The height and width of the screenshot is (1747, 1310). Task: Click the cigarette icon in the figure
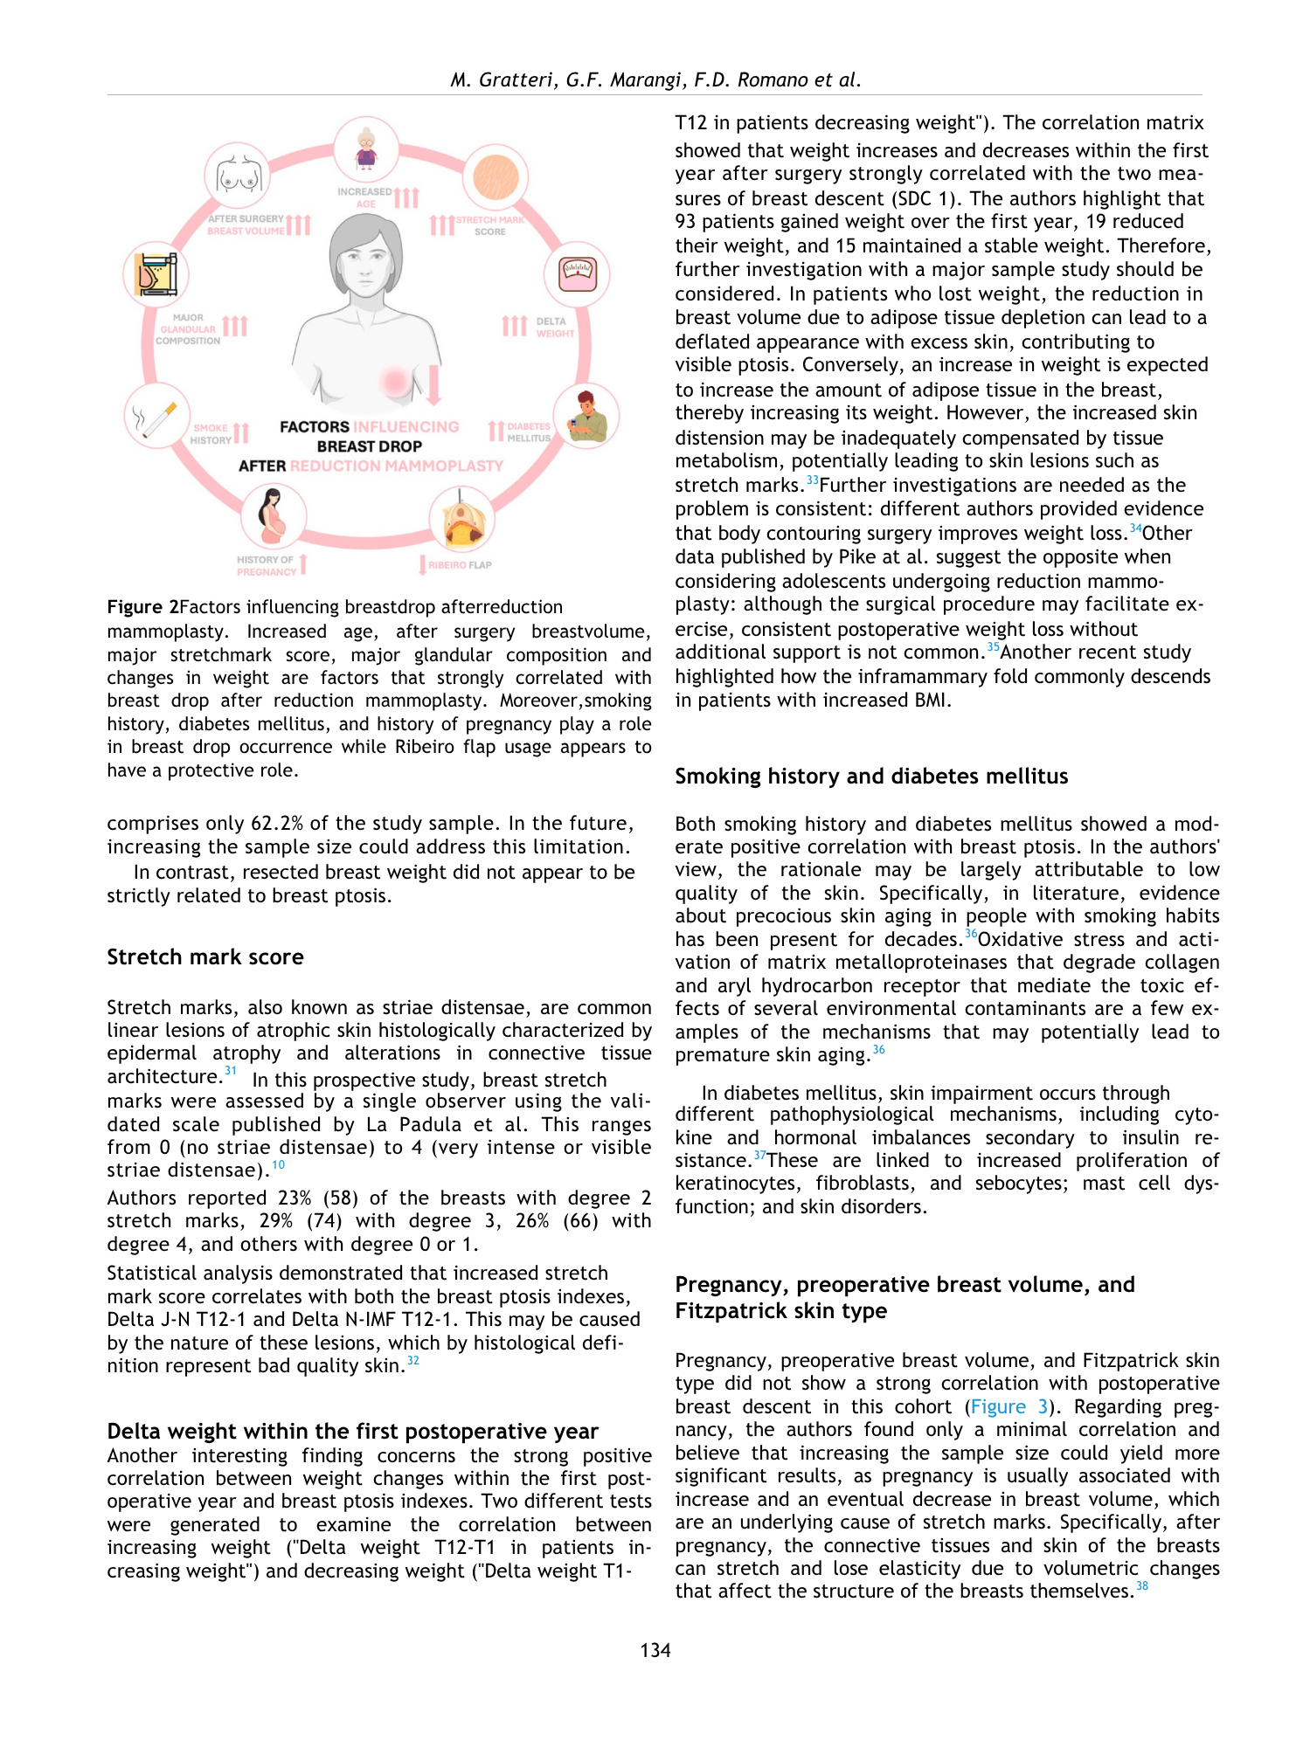click(156, 419)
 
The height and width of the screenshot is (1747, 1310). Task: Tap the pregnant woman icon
click(274, 516)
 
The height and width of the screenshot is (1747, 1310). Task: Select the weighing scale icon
click(577, 274)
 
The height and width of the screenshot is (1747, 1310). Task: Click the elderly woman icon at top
click(366, 148)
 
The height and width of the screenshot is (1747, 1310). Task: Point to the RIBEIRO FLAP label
click(460, 565)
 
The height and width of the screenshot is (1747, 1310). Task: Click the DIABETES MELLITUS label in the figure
click(529, 432)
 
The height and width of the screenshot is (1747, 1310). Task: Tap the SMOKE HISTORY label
click(211, 434)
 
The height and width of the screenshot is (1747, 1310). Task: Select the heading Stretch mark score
click(205, 957)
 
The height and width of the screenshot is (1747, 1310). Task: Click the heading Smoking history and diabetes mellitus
click(871, 777)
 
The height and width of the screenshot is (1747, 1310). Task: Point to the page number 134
click(655, 1650)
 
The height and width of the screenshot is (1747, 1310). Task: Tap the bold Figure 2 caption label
click(142, 607)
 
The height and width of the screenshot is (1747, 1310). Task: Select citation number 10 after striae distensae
click(278, 1165)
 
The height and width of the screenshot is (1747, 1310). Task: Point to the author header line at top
click(655, 80)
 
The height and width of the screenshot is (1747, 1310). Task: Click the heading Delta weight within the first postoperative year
click(352, 1432)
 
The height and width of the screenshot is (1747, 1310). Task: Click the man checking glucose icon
click(586, 418)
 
